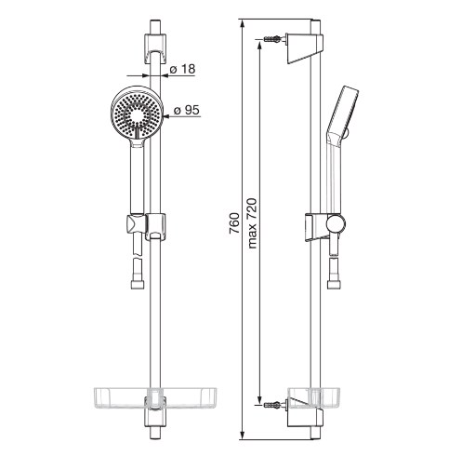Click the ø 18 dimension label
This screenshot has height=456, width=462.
(x=183, y=69)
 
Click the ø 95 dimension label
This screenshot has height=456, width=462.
(x=187, y=110)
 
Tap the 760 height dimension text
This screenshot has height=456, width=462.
(x=234, y=223)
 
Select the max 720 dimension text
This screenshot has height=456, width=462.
(x=252, y=223)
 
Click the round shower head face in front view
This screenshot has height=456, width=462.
(x=137, y=114)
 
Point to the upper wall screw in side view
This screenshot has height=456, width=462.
(x=272, y=39)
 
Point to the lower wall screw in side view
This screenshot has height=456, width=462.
(x=272, y=405)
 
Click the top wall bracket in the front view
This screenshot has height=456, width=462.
(x=155, y=48)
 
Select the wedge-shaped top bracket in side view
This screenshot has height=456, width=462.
(x=304, y=48)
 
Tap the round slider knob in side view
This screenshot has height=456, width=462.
(x=336, y=223)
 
